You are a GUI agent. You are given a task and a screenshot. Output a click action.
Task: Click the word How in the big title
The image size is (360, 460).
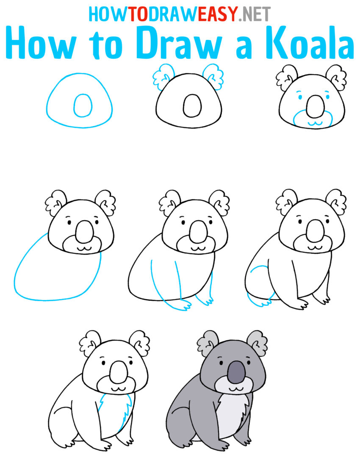pos(42,44)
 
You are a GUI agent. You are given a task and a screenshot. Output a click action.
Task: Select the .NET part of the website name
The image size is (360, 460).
pos(254,14)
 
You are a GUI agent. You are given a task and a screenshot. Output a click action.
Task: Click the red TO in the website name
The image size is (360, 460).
pos(137,14)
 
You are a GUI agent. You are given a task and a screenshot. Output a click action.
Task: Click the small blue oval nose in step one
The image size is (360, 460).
pos(82,105)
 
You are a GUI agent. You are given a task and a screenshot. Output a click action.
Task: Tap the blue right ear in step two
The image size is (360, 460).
pos(214,76)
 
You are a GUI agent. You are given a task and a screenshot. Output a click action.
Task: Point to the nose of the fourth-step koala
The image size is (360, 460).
pos(82,230)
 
